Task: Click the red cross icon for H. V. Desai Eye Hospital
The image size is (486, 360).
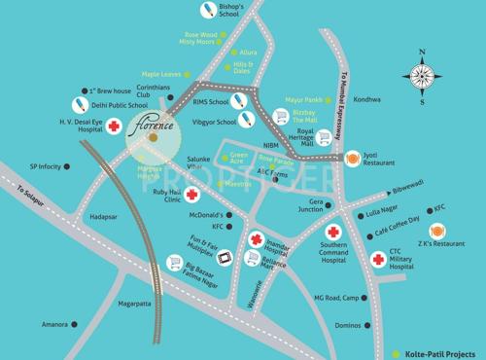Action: click(x=114, y=126)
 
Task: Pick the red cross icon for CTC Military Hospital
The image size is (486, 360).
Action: click(x=378, y=259)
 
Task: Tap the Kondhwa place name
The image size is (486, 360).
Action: click(x=367, y=100)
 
